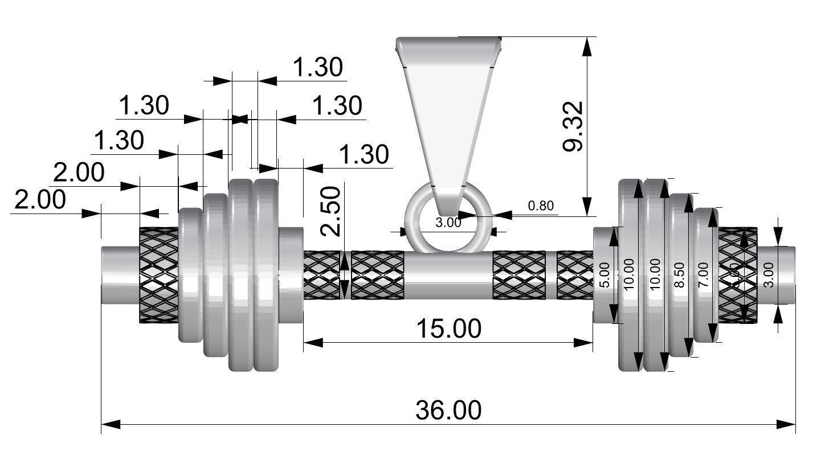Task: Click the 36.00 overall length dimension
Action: click(448, 410)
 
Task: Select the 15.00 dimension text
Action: click(448, 329)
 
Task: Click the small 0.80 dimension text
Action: click(540, 206)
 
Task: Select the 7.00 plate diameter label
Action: click(703, 276)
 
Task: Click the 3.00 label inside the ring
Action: click(448, 223)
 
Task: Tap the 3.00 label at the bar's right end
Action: click(768, 274)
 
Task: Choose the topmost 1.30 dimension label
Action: click(317, 68)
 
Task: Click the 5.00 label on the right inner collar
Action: click(605, 276)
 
